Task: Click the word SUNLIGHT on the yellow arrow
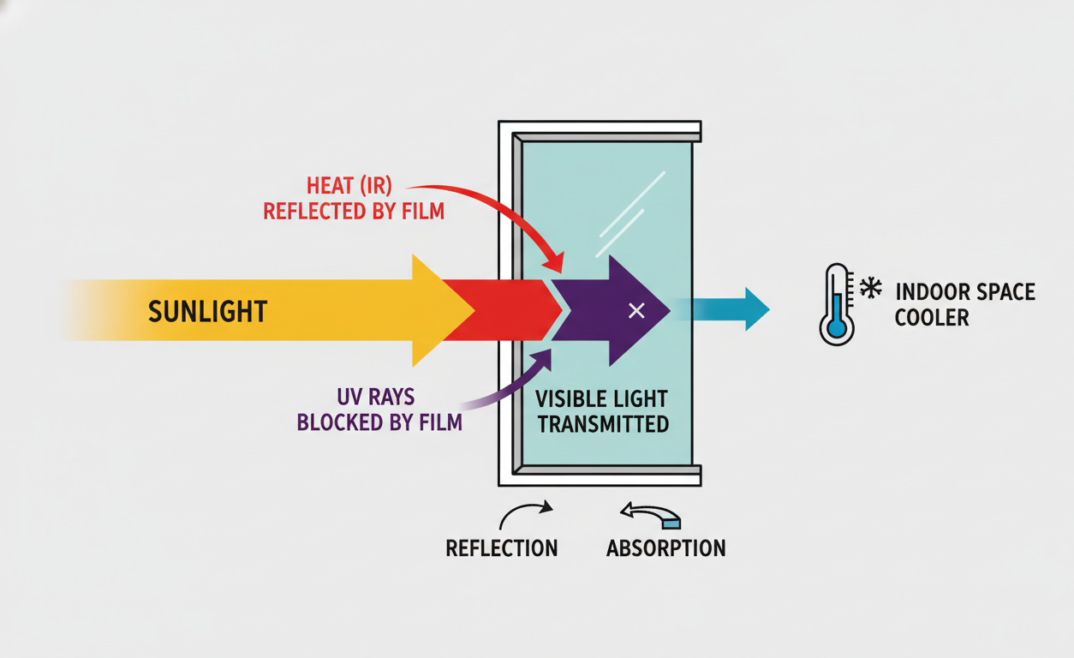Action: tap(207, 310)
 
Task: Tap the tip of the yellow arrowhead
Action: tap(474, 310)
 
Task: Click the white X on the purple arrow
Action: tap(636, 310)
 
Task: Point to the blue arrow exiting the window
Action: tap(728, 309)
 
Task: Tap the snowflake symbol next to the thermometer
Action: tap(871, 288)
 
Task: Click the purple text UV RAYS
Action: tap(378, 397)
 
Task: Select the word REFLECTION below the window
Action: tap(502, 548)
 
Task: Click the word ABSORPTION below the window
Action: tap(665, 548)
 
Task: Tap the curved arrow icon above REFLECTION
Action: tap(524, 513)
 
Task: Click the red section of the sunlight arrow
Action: tap(505, 310)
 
